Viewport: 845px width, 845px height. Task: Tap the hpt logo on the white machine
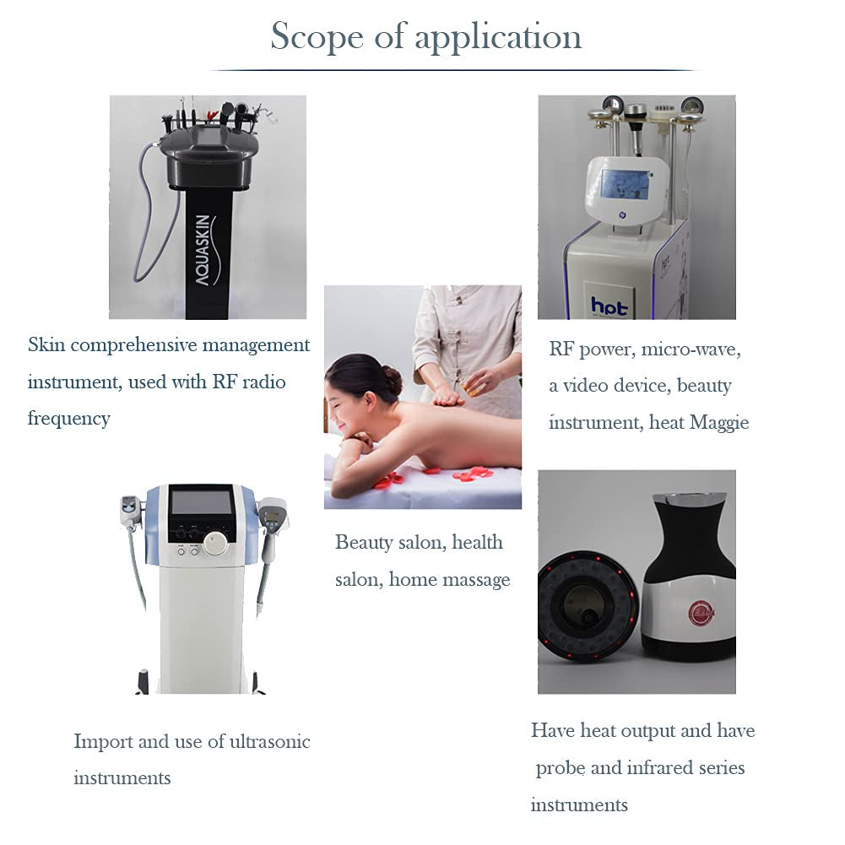pos(609,306)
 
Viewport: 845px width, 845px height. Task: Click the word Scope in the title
pos(316,36)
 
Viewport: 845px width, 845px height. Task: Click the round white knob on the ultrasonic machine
pos(215,544)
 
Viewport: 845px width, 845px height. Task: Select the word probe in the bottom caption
pos(561,767)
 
